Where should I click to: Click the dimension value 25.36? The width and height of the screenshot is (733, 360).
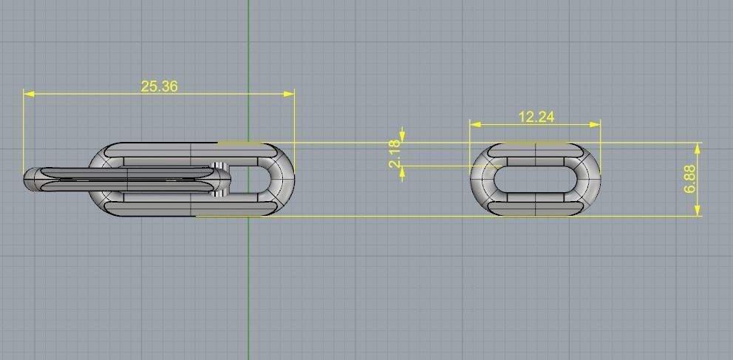(159, 86)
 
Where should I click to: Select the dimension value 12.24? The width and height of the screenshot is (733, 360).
(536, 117)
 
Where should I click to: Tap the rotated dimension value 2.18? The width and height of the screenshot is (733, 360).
(395, 154)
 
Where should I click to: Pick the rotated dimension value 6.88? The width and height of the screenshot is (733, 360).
(690, 180)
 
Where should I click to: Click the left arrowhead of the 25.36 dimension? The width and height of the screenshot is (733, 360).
(28, 94)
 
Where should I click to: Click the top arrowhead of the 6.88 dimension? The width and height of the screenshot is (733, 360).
(698, 147)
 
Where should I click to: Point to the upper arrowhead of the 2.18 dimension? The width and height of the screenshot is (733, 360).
(402, 132)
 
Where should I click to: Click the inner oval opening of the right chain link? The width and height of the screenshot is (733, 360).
(535, 180)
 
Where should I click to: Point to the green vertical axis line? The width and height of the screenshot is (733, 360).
(248, 296)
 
